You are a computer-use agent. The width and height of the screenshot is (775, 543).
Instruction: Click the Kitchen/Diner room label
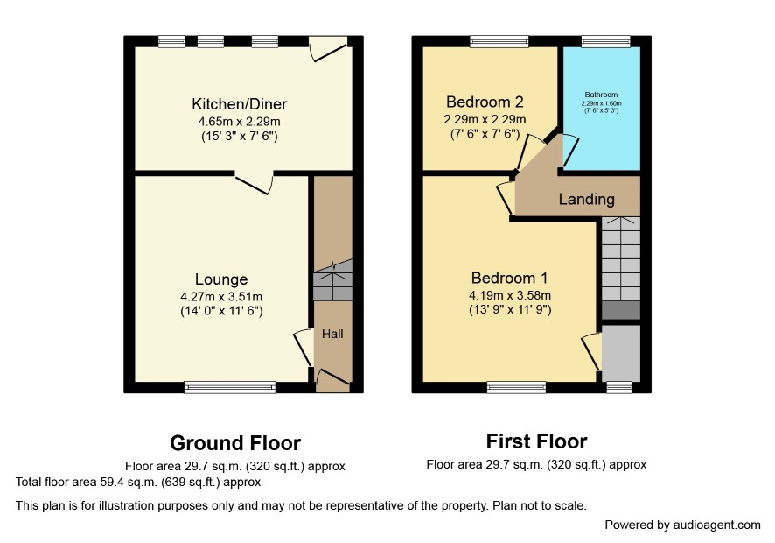[239, 104]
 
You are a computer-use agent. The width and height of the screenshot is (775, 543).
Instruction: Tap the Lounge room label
[221, 279]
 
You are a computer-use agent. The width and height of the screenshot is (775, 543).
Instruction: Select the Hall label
[332, 334]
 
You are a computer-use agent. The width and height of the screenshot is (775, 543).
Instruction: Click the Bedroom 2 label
[485, 102]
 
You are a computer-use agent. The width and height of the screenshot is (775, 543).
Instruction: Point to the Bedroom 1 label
[510, 278]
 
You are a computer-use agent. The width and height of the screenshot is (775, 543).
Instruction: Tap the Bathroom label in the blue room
[601, 95]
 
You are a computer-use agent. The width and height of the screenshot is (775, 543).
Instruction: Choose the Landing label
[587, 199]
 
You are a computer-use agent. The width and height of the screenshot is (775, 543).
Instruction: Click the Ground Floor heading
[235, 443]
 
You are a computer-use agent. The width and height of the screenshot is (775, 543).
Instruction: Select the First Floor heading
[537, 441]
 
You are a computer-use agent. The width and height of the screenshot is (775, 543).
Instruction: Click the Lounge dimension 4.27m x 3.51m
[221, 297]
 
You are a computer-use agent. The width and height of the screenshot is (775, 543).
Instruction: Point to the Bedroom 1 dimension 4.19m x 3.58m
[510, 295]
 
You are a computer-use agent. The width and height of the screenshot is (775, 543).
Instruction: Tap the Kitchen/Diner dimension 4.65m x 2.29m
[239, 121]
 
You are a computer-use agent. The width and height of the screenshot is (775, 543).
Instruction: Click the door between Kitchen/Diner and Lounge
[254, 182]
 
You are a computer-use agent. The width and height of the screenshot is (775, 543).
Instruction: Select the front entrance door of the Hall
[332, 378]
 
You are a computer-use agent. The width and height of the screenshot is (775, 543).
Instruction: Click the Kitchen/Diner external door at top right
[328, 48]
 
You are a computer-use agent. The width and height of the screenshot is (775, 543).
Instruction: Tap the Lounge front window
[230, 387]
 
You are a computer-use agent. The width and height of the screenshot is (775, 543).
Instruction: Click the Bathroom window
[606, 41]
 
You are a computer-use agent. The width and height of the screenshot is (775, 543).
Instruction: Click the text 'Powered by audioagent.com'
[682, 525]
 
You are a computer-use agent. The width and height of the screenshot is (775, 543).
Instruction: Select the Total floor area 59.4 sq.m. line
[138, 482]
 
